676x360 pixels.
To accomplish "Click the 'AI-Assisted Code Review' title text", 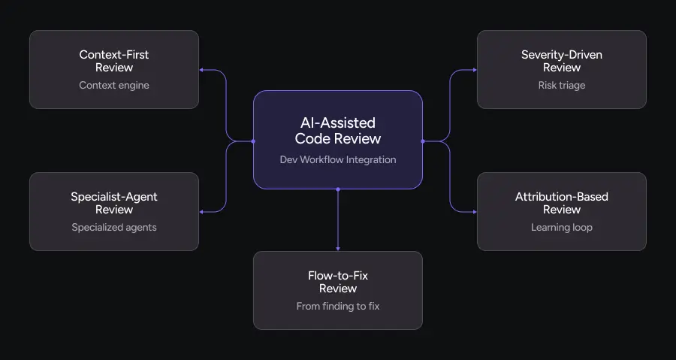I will (x=338, y=130).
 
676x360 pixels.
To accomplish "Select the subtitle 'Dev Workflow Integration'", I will (x=338, y=159).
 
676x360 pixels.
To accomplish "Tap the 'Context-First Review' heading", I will (x=114, y=61).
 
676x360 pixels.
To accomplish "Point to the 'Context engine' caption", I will (x=114, y=85).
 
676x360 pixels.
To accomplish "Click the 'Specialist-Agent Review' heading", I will (x=114, y=203).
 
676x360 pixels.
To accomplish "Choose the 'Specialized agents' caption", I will (x=114, y=227).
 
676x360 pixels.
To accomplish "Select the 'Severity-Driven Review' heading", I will (x=562, y=61).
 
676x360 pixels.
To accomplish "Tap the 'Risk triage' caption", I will (x=562, y=85).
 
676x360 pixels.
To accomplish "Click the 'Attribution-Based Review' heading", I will (x=562, y=203).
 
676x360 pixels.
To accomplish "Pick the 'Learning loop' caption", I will (x=562, y=227).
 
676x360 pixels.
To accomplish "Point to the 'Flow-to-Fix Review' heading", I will (x=338, y=282).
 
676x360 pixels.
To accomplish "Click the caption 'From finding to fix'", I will (x=338, y=306).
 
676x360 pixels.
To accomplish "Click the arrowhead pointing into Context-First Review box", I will (x=202, y=70).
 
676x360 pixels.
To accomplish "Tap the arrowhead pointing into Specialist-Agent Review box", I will (x=202, y=212).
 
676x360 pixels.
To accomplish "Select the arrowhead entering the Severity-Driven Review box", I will (x=474, y=70).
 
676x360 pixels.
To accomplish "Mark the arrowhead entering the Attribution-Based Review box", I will (x=474, y=212).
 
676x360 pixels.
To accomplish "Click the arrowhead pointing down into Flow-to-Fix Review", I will (x=338, y=248).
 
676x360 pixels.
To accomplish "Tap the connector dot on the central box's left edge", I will (x=253, y=141).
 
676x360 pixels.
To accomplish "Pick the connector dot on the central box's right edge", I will (x=423, y=141).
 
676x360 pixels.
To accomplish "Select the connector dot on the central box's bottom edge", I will (x=338, y=189).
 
